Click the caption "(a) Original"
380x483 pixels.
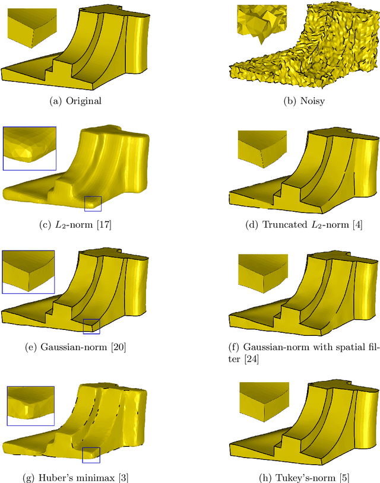(x=76, y=100)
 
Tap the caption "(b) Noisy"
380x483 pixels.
(x=303, y=100)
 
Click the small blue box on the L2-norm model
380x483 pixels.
(x=93, y=204)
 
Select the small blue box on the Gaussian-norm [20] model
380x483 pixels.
(x=91, y=326)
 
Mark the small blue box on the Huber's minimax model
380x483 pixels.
(x=91, y=455)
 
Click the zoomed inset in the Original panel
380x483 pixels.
(x=33, y=24)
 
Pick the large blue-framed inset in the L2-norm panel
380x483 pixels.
(x=29, y=148)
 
